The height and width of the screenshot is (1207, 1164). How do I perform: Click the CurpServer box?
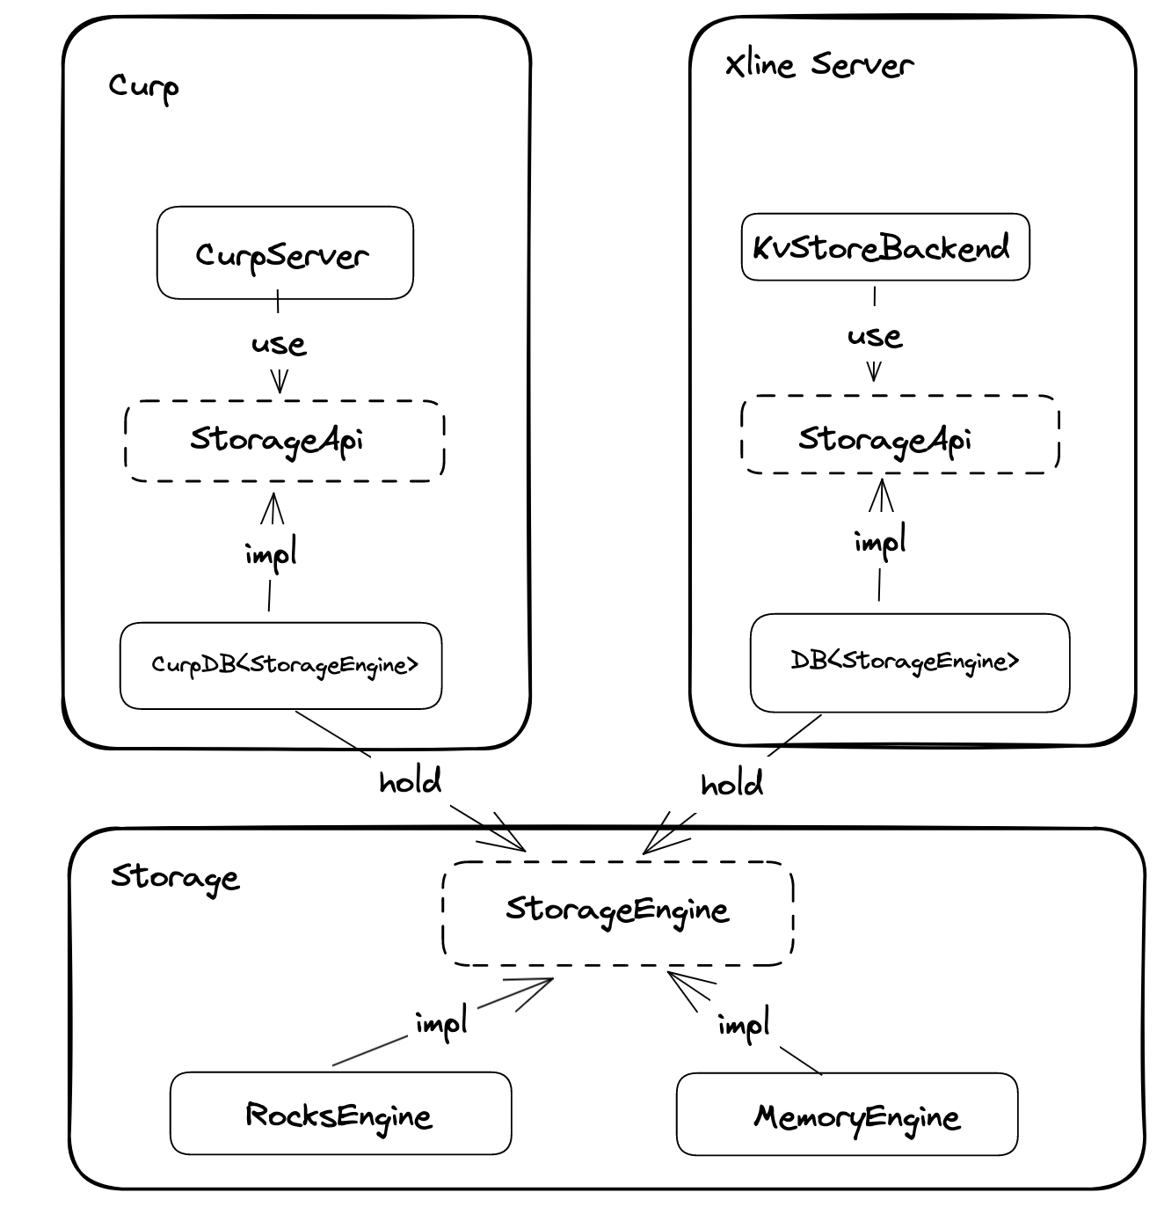284,253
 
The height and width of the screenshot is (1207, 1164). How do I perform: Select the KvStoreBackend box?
884,247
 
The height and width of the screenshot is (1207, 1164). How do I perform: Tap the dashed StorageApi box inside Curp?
284,441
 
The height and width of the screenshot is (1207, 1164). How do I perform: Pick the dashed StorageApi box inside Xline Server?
899,435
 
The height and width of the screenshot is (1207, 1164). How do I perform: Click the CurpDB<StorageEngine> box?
280,665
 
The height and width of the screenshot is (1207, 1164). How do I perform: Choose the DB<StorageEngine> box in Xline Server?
909,662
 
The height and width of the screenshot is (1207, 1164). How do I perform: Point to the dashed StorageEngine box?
617,912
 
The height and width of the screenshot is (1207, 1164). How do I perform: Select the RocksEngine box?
340,1114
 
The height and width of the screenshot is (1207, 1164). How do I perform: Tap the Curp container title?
144,86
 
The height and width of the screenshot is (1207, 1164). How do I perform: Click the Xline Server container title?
818,65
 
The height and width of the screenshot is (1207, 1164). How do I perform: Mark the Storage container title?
175,877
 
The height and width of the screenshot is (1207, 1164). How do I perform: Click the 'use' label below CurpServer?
279,344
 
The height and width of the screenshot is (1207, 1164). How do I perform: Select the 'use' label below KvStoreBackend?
875,336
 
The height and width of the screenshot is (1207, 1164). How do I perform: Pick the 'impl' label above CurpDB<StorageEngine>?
271,554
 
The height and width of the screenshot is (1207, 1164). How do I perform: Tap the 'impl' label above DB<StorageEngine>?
880,542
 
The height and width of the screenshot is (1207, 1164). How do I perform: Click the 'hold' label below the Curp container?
410,781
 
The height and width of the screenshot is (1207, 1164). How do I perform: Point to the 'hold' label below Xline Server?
731,784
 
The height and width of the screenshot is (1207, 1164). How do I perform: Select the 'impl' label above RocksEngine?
441,1023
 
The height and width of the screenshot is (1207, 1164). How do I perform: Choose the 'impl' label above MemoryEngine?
744,1026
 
